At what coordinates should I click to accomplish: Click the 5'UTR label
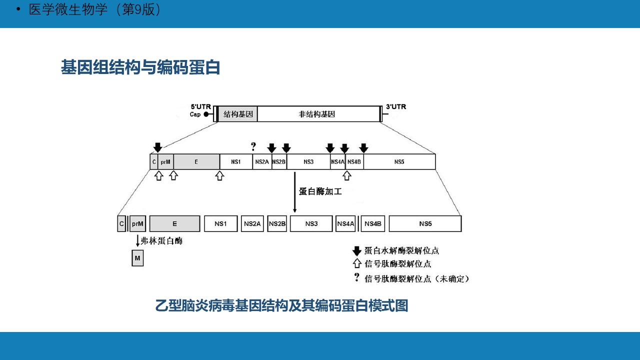click(200, 107)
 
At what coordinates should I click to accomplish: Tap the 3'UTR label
click(395, 107)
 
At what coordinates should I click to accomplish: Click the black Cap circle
click(206, 114)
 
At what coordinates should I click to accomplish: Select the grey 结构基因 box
click(238, 114)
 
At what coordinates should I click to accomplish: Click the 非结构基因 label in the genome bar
click(316, 114)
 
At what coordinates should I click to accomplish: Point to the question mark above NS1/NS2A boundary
click(253, 147)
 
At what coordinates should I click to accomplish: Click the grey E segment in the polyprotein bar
click(196, 161)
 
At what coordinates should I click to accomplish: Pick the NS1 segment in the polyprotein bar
click(236, 161)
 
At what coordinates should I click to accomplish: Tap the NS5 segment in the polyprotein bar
click(399, 161)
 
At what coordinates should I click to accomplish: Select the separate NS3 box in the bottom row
click(311, 223)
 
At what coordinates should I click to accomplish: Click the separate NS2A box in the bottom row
click(252, 223)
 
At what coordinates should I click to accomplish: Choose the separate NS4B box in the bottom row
click(373, 223)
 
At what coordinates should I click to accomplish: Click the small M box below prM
click(137, 258)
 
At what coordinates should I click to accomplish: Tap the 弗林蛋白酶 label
click(161, 241)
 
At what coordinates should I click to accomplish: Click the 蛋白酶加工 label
click(320, 191)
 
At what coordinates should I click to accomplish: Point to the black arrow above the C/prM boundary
click(157, 147)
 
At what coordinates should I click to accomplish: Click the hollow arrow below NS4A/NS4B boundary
click(347, 175)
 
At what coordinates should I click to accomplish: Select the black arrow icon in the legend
click(357, 250)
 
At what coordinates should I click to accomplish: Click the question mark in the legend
click(356, 277)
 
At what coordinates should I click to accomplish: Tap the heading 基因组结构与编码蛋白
click(140, 67)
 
